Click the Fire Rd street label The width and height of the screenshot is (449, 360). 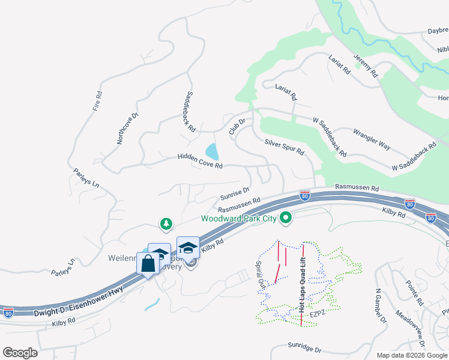[x=99, y=101]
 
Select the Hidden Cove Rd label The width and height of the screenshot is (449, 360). [x=200, y=161]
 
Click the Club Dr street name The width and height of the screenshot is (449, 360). [x=237, y=127]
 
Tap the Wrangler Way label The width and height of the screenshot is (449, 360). [x=372, y=139]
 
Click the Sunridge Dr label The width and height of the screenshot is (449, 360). [x=304, y=349]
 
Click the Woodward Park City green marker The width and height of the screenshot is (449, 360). [x=286, y=218]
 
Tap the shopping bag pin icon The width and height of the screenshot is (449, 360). [x=148, y=263]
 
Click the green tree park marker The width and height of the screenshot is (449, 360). [x=166, y=224]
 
